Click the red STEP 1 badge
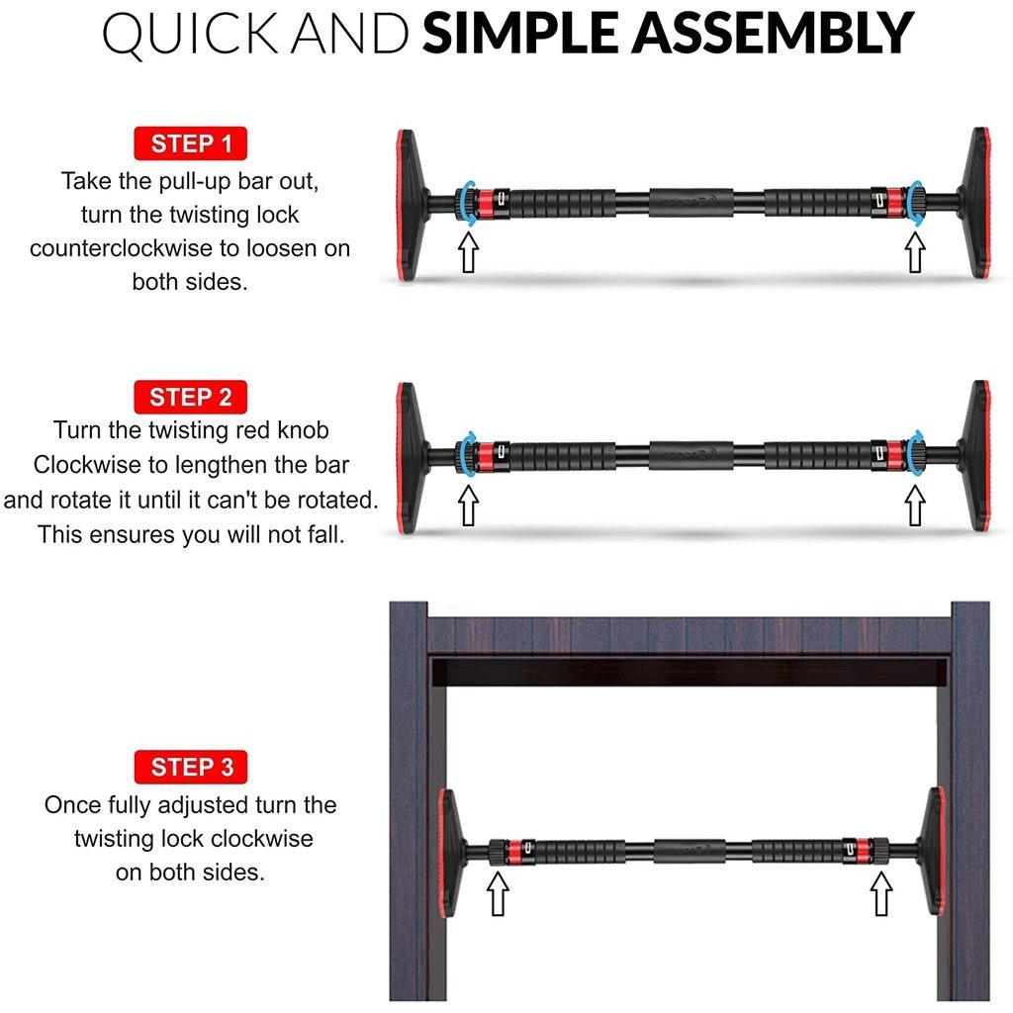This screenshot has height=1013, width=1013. (191, 143)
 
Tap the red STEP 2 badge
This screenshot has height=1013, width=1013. (191, 397)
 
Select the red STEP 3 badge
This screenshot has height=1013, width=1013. (191, 767)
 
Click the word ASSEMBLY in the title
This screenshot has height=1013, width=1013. (773, 33)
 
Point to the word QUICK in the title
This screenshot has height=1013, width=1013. (190, 35)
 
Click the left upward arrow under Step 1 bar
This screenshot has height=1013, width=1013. (468, 252)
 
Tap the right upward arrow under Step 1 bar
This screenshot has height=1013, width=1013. (914, 252)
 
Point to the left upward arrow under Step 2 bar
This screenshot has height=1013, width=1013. (468, 506)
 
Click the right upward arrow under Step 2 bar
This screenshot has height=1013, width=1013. (914, 506)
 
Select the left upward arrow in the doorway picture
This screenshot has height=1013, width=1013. (497, 893)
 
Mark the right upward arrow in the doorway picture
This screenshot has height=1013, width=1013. (881, 893)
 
